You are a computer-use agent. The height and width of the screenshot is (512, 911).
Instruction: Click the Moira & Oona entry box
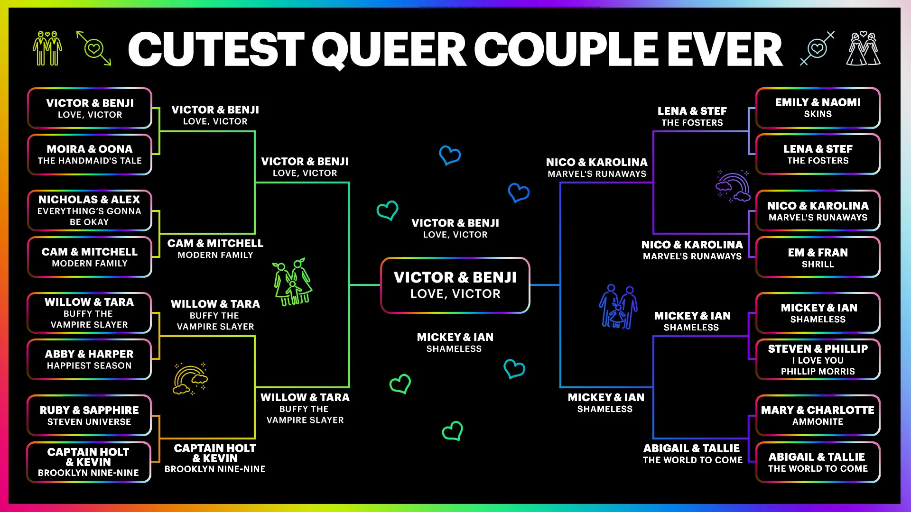click(90, 155)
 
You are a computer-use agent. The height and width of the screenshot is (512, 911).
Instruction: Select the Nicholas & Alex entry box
click(90, 210)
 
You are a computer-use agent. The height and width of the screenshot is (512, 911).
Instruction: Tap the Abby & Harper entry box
click(90, 359)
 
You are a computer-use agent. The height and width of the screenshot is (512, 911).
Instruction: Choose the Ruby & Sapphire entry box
click(90, 415)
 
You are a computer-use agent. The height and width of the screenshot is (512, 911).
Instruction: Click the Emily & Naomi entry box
click(818, 108)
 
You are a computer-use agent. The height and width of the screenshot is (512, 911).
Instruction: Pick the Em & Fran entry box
click(818, 257)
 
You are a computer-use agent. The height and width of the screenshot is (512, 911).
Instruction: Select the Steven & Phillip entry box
click(818, 359)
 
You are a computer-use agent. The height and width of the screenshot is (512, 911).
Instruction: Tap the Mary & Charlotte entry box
click(818, 415)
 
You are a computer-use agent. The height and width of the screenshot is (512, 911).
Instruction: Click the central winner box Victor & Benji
click(455, 285)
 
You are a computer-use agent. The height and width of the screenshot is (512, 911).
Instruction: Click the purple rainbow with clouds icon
click(734, 186)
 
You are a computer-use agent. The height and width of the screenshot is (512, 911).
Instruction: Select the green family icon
click(292, 282)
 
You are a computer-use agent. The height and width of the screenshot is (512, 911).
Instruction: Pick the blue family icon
click(618, 307)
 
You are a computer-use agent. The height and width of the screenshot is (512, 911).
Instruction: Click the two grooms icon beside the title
click(47, 48)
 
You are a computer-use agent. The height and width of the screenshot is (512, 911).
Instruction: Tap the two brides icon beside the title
click(863, 48)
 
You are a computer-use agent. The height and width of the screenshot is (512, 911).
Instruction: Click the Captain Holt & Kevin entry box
click(89, 462)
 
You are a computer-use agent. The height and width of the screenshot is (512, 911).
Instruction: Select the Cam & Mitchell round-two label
click(215, 248)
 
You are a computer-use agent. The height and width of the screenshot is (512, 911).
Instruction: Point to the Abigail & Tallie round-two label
click(692, 454)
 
